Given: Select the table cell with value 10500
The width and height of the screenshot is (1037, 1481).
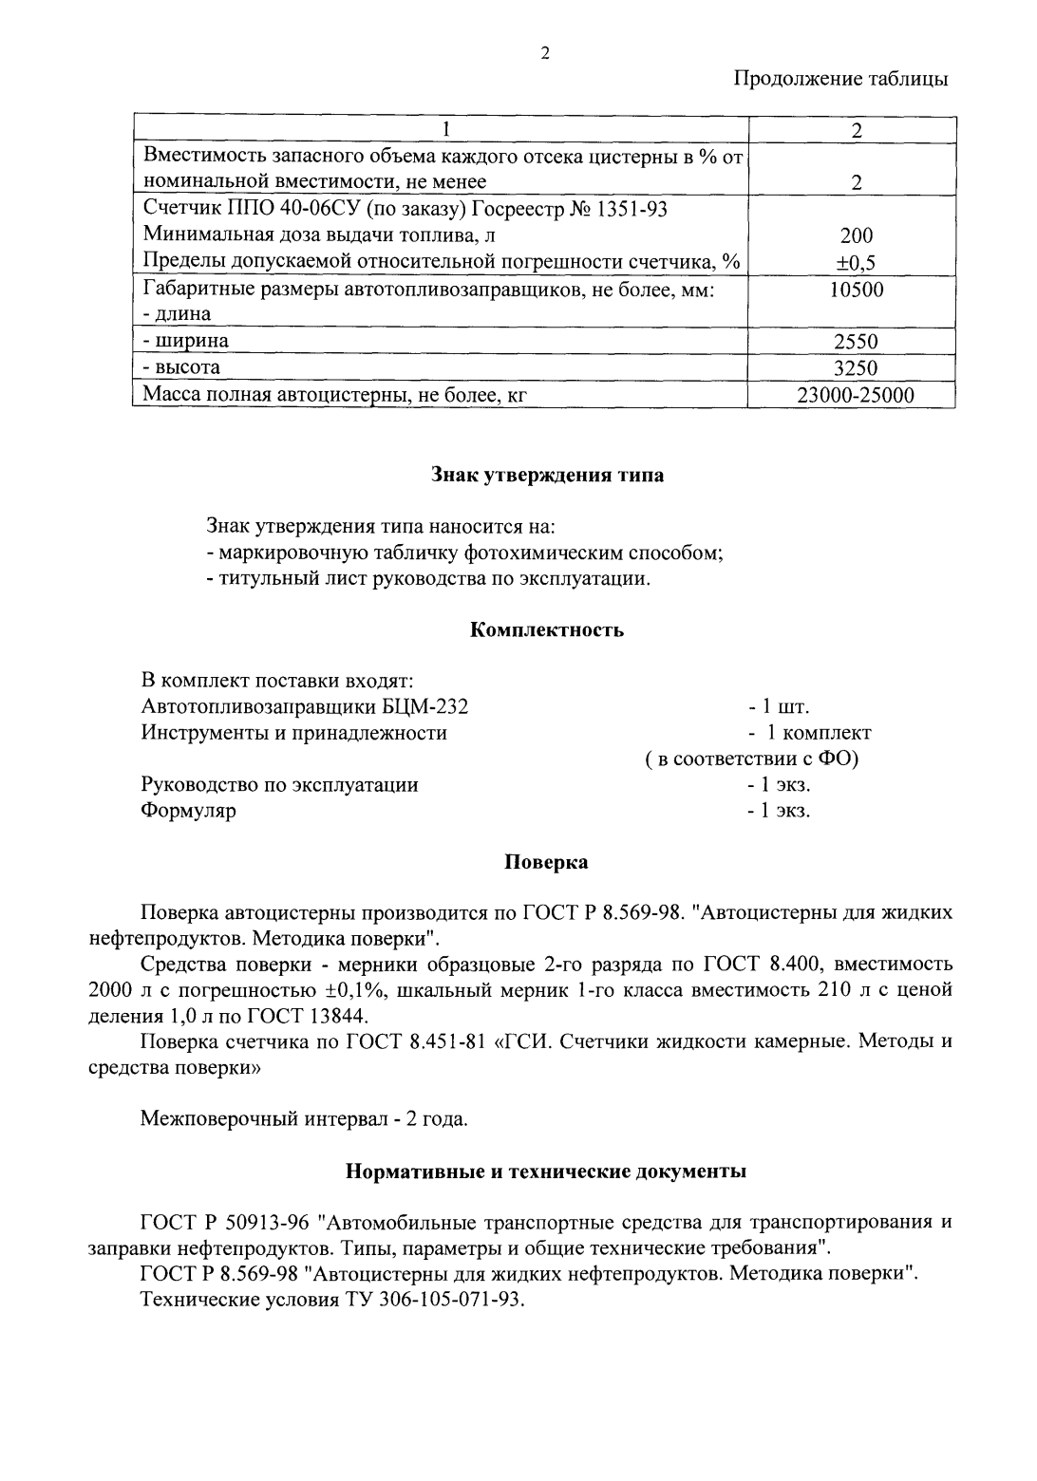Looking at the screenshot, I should coord(856,290).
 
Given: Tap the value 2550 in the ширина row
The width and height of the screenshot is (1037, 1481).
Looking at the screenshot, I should coord(856,342).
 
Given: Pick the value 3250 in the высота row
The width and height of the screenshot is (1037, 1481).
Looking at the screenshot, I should coord(856,368).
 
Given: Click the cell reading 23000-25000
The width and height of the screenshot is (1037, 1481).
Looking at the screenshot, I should coord(856,395).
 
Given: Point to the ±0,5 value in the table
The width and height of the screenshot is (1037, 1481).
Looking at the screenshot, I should coord(856,263).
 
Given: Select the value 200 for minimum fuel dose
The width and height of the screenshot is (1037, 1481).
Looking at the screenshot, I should coord(856,236).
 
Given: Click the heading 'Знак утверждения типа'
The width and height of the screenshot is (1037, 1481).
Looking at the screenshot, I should coord(547,476).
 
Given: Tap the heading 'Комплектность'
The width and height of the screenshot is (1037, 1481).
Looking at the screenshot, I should coord(547,629).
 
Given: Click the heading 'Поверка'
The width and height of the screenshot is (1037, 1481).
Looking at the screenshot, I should coord(545,862).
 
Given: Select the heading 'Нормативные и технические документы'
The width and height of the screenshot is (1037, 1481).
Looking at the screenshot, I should coord(545,1171).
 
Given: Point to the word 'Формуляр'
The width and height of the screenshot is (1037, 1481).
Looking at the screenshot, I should coord(188,811).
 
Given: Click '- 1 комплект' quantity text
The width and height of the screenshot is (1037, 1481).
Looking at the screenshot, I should coord(808,733).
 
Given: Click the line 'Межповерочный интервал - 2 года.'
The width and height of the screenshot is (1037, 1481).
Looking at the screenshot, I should coord(304,1119).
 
